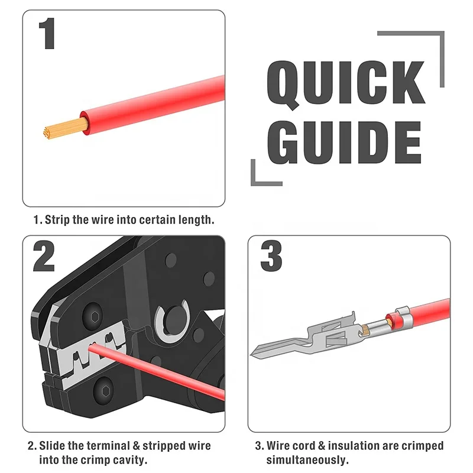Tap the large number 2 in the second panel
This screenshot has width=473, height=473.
(44, 257)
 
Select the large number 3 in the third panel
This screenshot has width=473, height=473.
(271, 256)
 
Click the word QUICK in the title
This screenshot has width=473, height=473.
(346, 83)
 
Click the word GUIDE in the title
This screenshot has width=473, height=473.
(344, 142)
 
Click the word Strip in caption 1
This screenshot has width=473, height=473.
(57, 220)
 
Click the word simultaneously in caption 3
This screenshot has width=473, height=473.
(307, 460)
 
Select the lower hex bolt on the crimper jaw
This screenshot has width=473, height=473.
(105, 391)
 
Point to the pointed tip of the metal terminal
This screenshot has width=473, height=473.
(251, 355)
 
